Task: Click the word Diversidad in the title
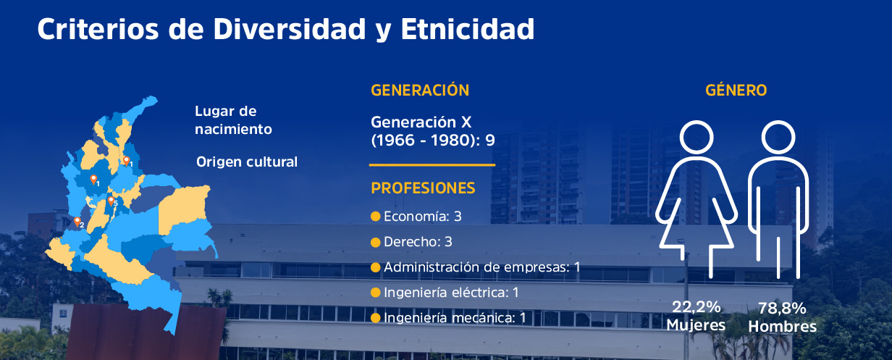290,29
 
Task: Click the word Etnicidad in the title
468,29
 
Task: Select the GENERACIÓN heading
420,90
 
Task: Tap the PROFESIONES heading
423,188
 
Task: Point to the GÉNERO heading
736,90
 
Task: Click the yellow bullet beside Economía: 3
376,217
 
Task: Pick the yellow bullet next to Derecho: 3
376,242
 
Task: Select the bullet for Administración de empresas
376,267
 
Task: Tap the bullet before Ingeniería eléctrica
376,293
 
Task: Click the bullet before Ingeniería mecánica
376,318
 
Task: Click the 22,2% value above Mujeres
696,307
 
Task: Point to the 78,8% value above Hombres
782,309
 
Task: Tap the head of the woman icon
697,138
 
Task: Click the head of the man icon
778,138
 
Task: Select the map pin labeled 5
111,201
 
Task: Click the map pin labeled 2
77,222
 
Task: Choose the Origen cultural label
247,162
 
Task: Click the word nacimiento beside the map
233,129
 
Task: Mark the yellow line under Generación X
432,165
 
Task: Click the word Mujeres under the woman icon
696,325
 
